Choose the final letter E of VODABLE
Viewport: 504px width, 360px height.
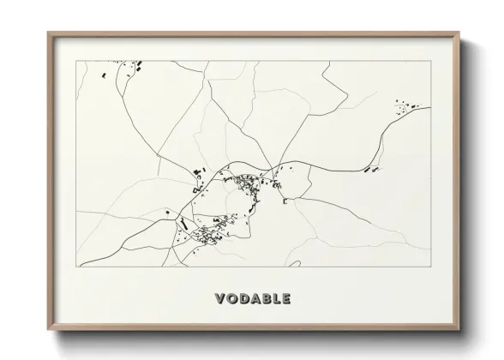tap(285, 299)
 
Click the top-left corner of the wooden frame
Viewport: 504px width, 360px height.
tap(47, 33)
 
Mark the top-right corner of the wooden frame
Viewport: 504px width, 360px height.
tap(459, 33)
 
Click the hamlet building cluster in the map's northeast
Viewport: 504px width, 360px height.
tap(404, 107)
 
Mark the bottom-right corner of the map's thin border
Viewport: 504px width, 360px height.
tap(429, 266)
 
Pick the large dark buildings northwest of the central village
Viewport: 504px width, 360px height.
tap(197, 176)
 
